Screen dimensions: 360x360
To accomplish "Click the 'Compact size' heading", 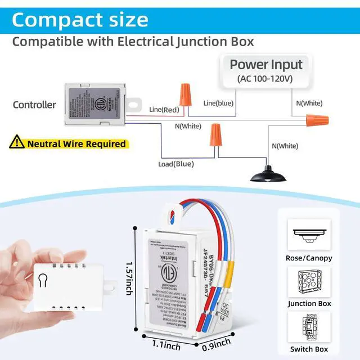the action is click(80, 20).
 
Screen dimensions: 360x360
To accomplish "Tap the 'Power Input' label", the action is click(266, 64).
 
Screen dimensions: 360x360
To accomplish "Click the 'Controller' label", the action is click(34, 105).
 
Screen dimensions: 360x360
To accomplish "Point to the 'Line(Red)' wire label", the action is click(163, 109).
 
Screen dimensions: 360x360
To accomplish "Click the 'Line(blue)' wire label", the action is click(218, 103).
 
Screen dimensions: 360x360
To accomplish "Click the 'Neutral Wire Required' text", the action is click(76, 144).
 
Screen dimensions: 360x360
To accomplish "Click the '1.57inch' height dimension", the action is click(130, 282).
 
